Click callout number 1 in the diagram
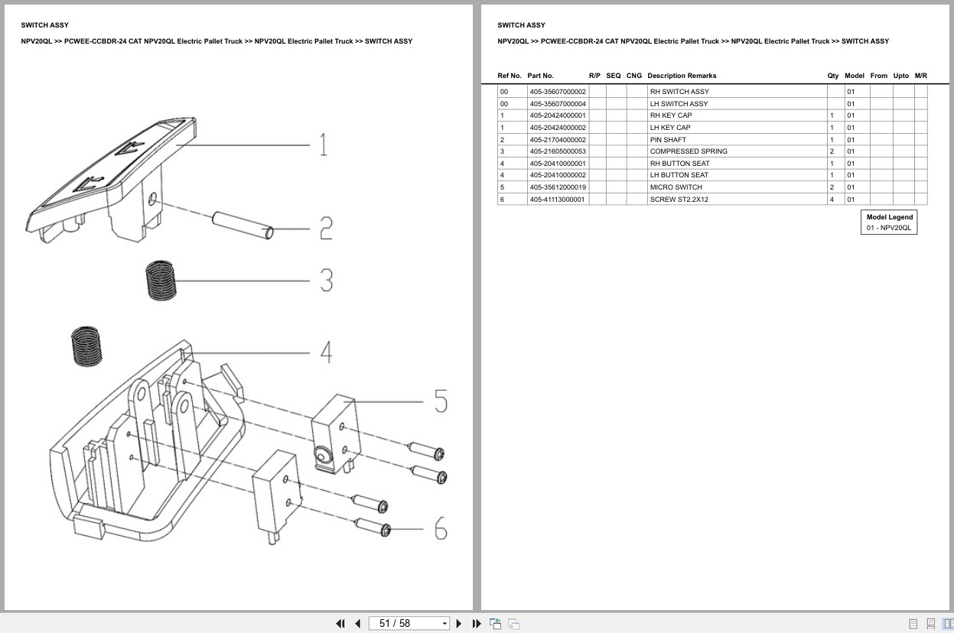323,144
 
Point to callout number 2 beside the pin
326,228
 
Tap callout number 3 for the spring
326,281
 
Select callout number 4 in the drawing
326,352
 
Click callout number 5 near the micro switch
441,401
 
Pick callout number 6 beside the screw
441,528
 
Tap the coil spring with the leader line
161,280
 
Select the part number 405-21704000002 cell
558,140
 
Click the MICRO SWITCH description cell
676,187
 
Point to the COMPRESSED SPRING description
689,151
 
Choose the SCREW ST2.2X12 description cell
679,200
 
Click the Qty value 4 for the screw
832,200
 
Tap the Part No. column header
540,76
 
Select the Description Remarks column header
682,76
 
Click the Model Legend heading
889,217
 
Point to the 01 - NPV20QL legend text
889,228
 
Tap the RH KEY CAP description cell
670,115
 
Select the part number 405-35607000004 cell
558,104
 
